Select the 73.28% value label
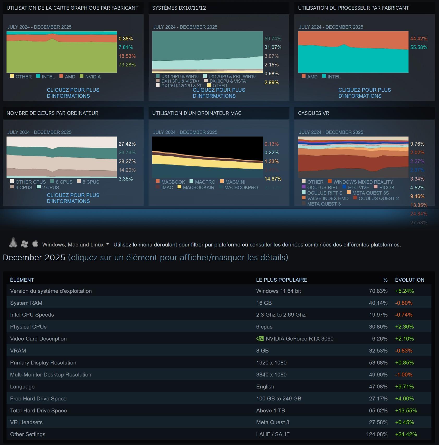(x=127, y=65)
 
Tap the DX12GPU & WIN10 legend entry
(x=177, y=76)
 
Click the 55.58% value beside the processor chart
(x=419, y=47)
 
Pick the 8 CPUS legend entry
(x=62, y=182)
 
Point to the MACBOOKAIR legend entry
(x=196, y=187)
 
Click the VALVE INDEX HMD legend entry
(x=325, y=198)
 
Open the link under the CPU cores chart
(x=73, y=198)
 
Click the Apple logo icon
(x=35, y=244)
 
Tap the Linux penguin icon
(x=13, y=243)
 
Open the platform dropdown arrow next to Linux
(x=108, y=244)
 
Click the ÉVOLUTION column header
(x=410, y=280)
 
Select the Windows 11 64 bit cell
(x=278, y=291)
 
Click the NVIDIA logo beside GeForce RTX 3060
(x=260, y=339)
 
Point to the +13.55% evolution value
(x=406, y=411)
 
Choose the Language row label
(x=22, y=387)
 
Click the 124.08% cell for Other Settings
(x=377, y=434)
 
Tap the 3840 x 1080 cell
(x=271, y=375)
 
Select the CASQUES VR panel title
(x=314, y=113)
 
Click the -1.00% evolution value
(x=404, y=375)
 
